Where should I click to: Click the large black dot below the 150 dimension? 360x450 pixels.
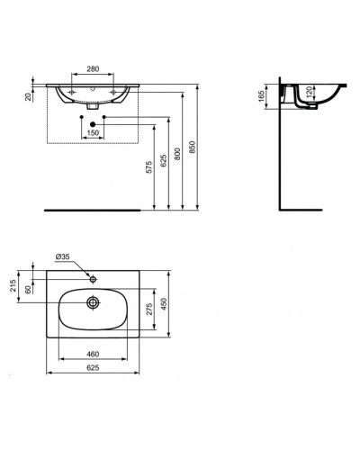[x=94, y=122]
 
